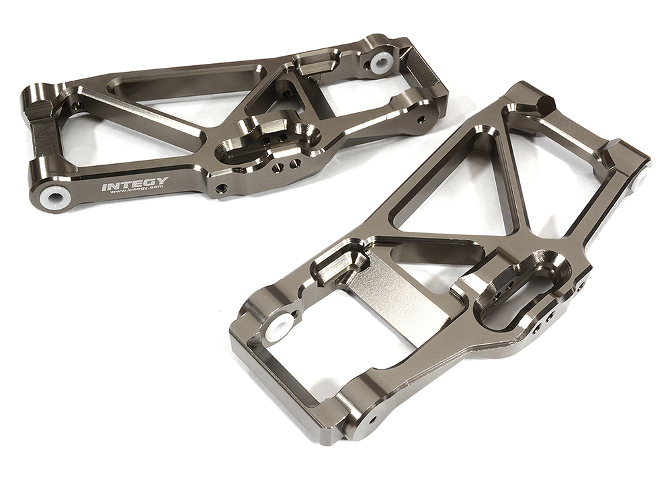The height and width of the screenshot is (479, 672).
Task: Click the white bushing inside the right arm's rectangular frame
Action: [x=278, y=329]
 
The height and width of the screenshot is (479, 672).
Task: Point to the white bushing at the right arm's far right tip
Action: [x=640, y=179]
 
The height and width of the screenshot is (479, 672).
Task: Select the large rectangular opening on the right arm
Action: [x=302, y=363]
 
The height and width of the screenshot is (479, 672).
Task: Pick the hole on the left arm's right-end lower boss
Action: [x=421, y=120]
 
